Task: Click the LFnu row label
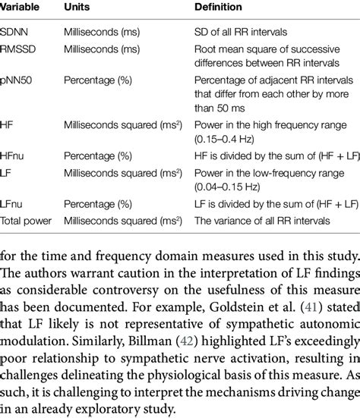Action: click(14, 204)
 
